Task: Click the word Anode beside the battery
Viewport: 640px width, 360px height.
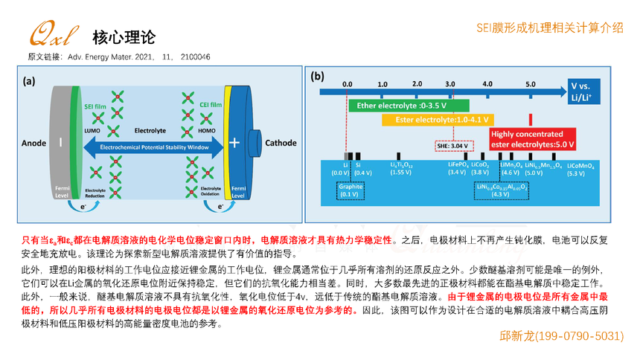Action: tap(34, 143)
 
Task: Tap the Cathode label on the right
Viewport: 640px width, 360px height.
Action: tap(281, 143)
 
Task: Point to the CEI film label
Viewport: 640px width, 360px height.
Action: tap(211, 106)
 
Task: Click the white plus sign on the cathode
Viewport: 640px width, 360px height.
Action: tap(234, 143)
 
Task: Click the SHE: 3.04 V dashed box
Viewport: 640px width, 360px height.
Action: tap(453, 145)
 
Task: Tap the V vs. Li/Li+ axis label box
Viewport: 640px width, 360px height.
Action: tap(584, 93)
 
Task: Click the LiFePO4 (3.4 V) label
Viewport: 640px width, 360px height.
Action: tap(457, 168)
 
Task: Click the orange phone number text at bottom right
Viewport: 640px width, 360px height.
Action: tap(560, 337)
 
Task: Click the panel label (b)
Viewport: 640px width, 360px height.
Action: tap(319, 76)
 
